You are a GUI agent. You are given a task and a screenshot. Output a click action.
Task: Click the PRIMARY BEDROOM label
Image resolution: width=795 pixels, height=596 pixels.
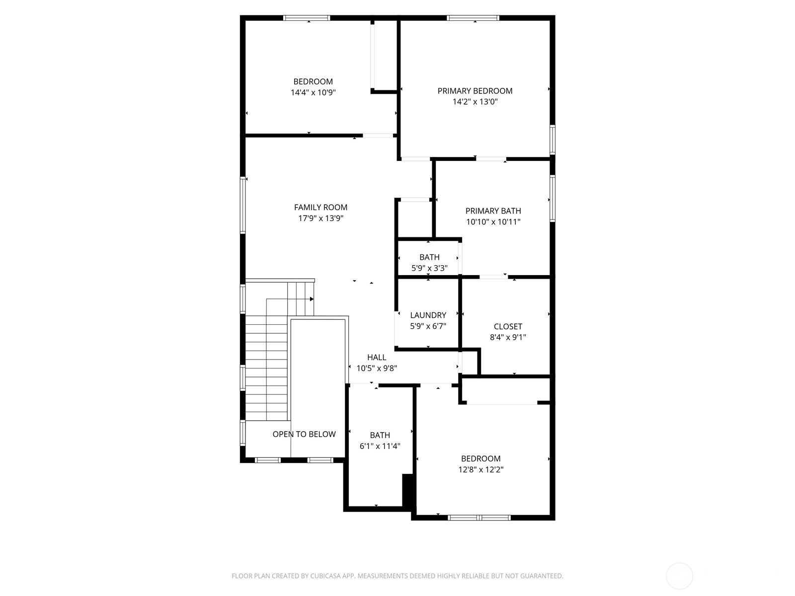click(x=475, y=91)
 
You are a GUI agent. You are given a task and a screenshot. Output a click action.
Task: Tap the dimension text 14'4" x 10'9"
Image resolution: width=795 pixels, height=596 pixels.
click(x=313, y=92)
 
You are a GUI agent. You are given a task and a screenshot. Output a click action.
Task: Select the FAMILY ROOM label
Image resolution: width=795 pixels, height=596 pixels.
click(x=320, y=208)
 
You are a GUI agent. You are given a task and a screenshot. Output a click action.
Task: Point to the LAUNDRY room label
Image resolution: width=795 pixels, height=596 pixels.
click(x=428, y=315)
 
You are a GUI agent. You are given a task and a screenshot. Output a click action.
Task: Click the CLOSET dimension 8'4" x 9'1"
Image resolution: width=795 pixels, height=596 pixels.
click(x=508, y=337)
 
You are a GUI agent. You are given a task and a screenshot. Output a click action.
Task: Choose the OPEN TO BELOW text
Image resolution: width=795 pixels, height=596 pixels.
click(x=304, y=434)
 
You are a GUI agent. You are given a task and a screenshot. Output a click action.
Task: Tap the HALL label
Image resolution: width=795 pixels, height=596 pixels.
click(x=377, y=357)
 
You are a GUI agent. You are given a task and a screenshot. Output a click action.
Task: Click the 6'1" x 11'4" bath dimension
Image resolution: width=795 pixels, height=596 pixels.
click(x=380, y=446)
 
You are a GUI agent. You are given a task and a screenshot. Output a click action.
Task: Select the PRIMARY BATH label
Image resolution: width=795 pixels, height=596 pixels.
click(x=493, y=211)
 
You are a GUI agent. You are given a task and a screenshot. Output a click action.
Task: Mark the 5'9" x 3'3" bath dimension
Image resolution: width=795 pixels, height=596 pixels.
click(x=429, y=268)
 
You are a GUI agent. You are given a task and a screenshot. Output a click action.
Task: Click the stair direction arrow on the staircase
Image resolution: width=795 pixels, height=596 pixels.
click(x=311, y=299)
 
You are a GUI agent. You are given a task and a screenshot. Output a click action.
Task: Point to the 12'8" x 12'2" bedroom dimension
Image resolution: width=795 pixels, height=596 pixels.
click(x=480, y=469)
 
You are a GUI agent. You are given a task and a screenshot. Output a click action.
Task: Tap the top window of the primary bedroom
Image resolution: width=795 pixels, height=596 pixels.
click(x=473, y=18)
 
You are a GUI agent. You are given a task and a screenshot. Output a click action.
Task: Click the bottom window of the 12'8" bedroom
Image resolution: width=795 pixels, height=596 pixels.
click(x=479, y=518)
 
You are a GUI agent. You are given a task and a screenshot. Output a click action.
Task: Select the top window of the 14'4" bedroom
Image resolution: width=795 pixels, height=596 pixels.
click(x=307, y=18)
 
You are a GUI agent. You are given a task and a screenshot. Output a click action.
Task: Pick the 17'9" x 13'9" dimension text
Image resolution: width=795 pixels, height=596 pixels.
click(x=320, y=219)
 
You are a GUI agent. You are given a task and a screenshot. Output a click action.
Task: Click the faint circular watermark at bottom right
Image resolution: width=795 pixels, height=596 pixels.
click(x=679, y=576)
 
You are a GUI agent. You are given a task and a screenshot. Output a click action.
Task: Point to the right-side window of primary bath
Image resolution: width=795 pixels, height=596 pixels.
click(x=552, y=198)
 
